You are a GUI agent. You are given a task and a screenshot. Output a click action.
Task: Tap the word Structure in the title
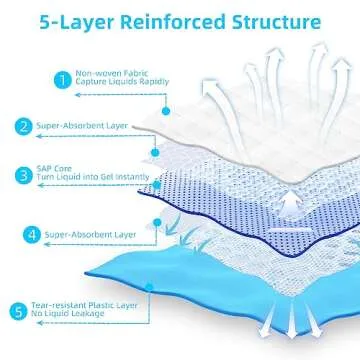(278, 20)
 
